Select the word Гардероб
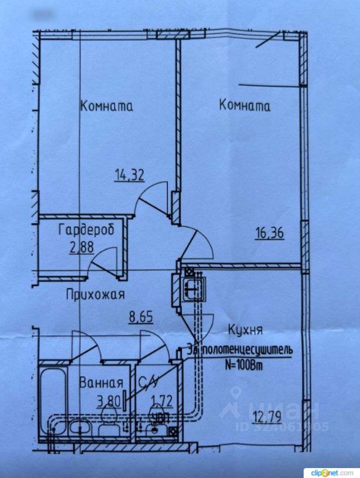click(86, 230)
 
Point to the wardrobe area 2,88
click(82, 247)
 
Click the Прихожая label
click(95, 294)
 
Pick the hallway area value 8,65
click(141, 316)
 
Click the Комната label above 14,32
click(107, 106)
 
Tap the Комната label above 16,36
click(245, 106)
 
